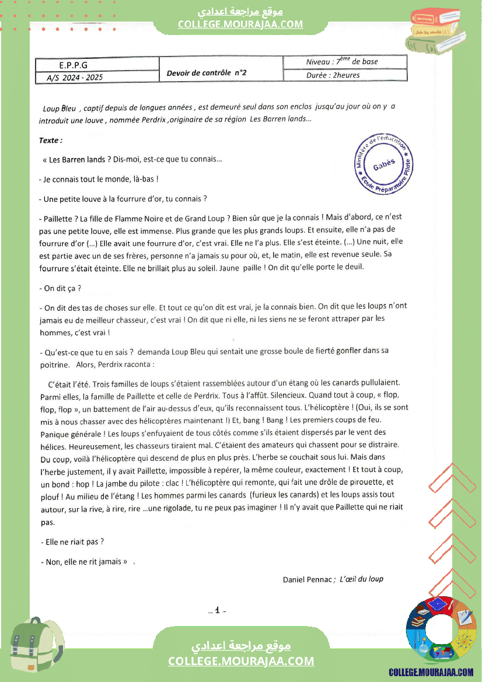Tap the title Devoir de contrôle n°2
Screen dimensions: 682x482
207,72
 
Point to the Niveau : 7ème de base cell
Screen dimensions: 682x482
342,62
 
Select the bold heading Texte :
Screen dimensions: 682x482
51,141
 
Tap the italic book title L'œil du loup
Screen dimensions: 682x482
361,579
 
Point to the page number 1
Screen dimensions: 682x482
216,610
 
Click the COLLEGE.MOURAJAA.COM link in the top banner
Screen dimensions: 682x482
240,24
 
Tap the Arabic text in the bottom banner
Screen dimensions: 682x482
241,646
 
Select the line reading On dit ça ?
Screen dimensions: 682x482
60,288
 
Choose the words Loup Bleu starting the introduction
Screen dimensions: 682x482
60,109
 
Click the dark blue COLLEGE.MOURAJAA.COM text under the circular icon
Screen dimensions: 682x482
431,672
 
